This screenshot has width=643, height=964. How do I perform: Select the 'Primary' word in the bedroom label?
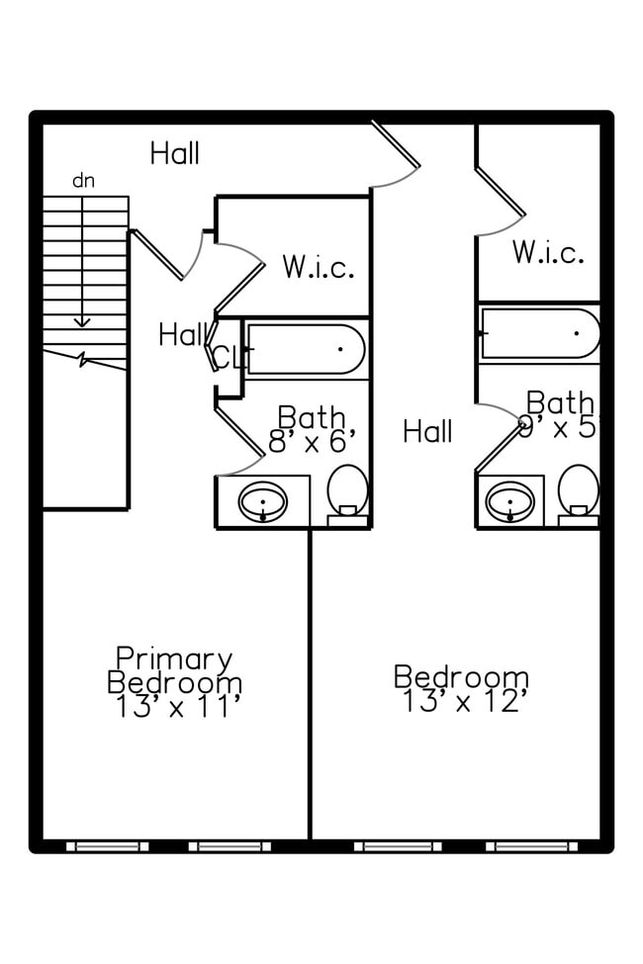(174, 657)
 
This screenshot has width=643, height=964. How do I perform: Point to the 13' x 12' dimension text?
(461, 702)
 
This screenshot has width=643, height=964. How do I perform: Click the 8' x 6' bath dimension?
(311, 441)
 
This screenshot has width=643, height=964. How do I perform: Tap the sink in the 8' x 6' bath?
(263, 501)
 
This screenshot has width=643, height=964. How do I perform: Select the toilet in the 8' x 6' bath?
(347, 491)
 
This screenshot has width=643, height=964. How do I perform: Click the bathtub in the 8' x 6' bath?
(306, 349)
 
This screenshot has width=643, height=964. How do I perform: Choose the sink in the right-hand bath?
(510, 500)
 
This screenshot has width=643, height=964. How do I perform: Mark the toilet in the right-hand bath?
(578, 491)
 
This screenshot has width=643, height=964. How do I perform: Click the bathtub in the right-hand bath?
(540, 333)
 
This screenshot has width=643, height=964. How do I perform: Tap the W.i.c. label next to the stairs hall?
(318, 267)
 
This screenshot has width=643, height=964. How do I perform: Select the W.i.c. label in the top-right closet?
(547, 252)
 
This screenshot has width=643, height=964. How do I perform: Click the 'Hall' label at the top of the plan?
(175, 153)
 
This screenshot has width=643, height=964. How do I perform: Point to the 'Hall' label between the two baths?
(427, 431)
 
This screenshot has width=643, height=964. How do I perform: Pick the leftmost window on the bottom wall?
(108, 846)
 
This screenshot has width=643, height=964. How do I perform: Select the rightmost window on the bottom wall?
(531, 846)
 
